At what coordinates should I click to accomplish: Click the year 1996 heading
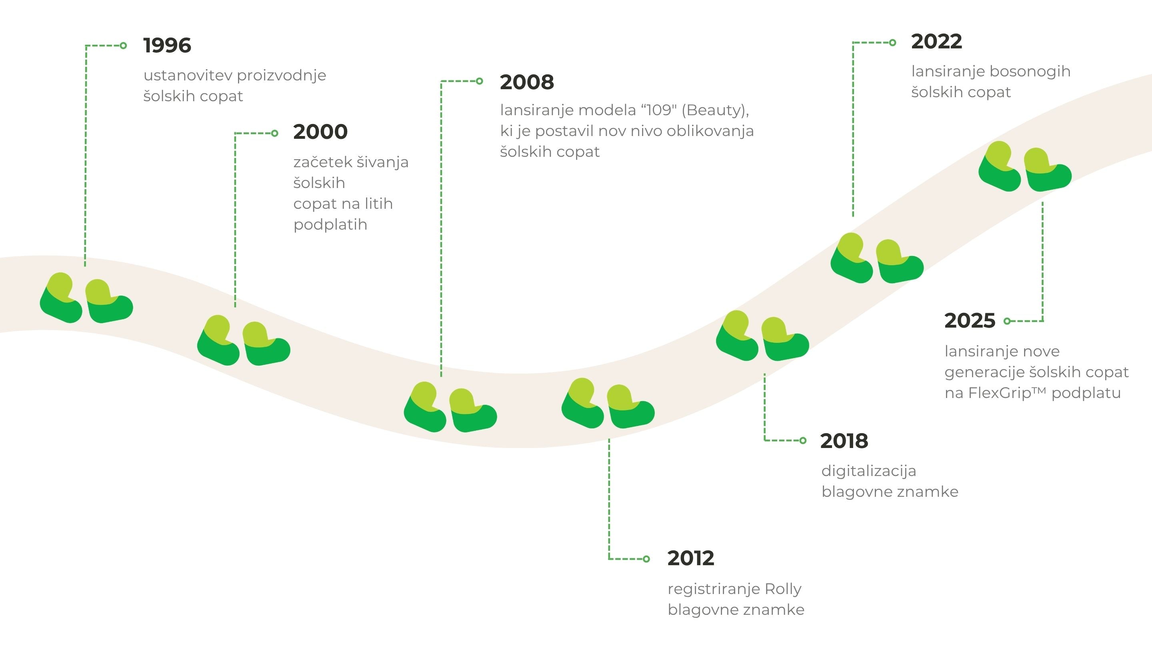[167, 45]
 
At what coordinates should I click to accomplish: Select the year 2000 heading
[320, 132]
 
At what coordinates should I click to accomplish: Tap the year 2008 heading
[527, 82]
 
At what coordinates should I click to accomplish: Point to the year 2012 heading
[691, 558]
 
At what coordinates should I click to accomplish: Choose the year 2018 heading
[844, 441]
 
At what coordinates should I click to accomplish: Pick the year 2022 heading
[936, 42]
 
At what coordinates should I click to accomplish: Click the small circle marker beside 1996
[124, 45]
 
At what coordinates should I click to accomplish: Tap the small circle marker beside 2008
[480, 81]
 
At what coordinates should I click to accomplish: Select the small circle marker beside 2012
[646, 558]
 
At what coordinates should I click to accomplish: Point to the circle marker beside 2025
[1007, 321]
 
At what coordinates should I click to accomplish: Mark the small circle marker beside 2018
[803, 440]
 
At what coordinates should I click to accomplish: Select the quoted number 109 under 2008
[660, 110]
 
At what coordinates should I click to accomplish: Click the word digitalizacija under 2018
[869, 471]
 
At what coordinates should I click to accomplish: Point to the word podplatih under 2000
[330, 225]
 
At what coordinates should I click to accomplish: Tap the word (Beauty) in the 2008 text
[716, 110]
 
